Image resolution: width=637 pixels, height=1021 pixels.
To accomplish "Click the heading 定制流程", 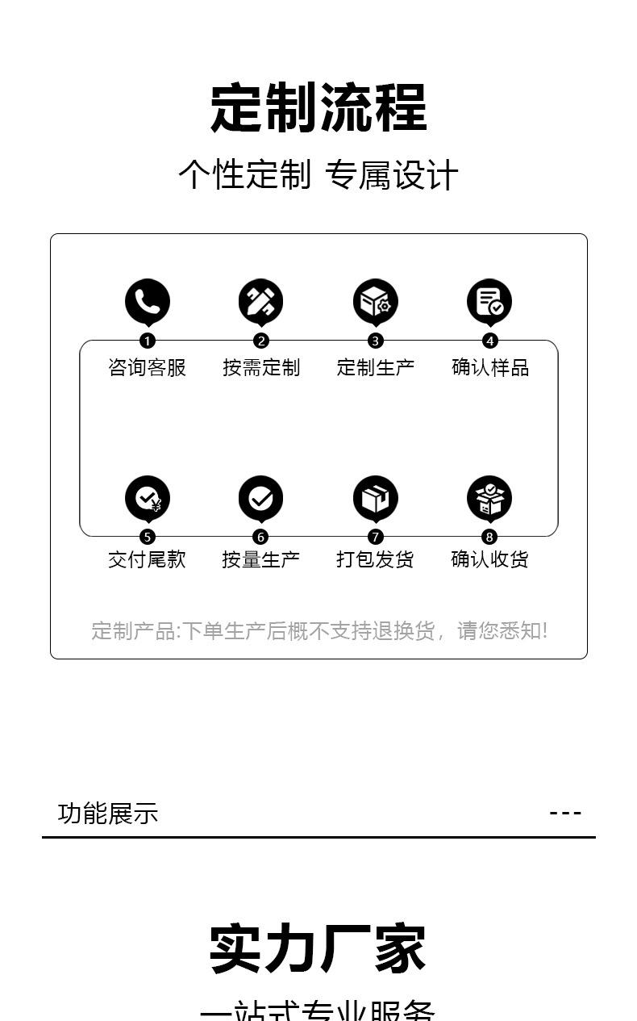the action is coord(318,107).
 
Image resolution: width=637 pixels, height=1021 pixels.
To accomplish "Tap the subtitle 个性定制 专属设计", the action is coord(318,175).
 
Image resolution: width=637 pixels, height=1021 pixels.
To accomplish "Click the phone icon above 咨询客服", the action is coord(148,302).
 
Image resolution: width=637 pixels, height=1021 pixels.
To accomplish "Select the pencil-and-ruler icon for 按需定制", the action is coord(260,302).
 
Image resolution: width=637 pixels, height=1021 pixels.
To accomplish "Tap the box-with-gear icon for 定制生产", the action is coord(375,302).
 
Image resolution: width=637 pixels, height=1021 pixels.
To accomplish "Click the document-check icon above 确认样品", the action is coord(489,302).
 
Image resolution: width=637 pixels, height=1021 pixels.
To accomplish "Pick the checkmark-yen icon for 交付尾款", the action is coord(148,498).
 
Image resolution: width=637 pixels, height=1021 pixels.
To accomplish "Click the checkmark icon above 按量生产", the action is coord(260,498).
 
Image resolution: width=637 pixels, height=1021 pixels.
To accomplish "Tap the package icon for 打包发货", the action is coord(375,498).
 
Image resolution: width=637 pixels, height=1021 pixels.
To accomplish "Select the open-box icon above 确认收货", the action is coord(489,498).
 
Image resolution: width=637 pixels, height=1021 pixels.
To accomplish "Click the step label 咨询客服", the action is coord(148,368).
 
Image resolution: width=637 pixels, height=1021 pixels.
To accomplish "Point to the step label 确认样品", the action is coord(490,368).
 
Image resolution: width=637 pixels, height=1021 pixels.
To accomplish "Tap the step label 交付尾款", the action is coord(148,559).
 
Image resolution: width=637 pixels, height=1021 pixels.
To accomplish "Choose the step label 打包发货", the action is coord(375,559).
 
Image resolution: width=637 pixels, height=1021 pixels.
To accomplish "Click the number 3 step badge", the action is coord(375,341).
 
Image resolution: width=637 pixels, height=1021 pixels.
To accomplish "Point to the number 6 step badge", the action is coord(260,538).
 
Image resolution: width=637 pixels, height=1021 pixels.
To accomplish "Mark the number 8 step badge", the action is coord(489,538).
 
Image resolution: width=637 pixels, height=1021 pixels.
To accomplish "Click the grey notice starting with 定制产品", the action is coord(319,630).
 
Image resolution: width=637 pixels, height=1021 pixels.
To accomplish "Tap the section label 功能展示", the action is coord(108,814).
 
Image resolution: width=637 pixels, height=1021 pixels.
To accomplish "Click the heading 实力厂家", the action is coord(318,949).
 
